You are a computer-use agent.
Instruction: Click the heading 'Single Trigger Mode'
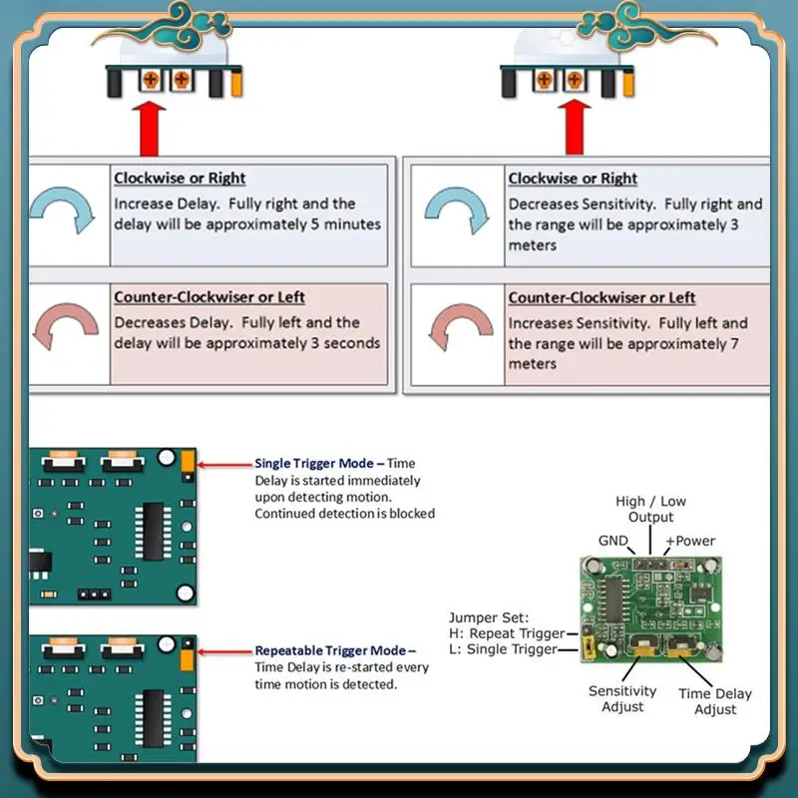313,463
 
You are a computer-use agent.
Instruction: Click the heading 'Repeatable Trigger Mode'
330,650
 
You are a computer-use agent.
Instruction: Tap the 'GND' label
613,541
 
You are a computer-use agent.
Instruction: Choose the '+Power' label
690,541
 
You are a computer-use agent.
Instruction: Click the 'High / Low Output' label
650,510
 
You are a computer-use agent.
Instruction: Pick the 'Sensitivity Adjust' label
622,698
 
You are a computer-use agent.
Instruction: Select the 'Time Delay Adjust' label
715,701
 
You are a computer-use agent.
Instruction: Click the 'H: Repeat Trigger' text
506,633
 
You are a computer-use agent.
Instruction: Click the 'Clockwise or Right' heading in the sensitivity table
573,179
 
